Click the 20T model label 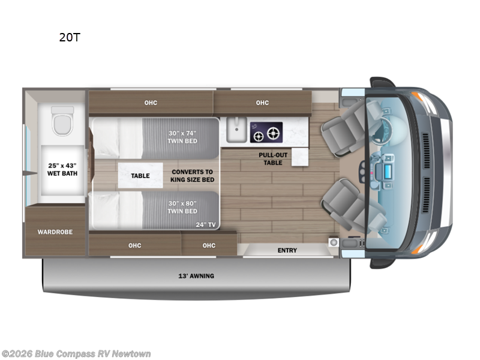point(69,37)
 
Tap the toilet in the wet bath point(62,120)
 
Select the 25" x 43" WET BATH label point(62,169)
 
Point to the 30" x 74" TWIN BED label point(183,137)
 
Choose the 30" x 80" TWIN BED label point(183,207)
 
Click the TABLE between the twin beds point(140,176)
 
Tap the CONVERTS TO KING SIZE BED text point(192,176)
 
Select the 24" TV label point(205,224)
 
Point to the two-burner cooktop point(266,133)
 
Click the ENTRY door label point(287,250)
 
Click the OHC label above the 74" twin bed point(151,103)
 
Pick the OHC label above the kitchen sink point(262,103)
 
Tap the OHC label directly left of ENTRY point(209,245)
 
